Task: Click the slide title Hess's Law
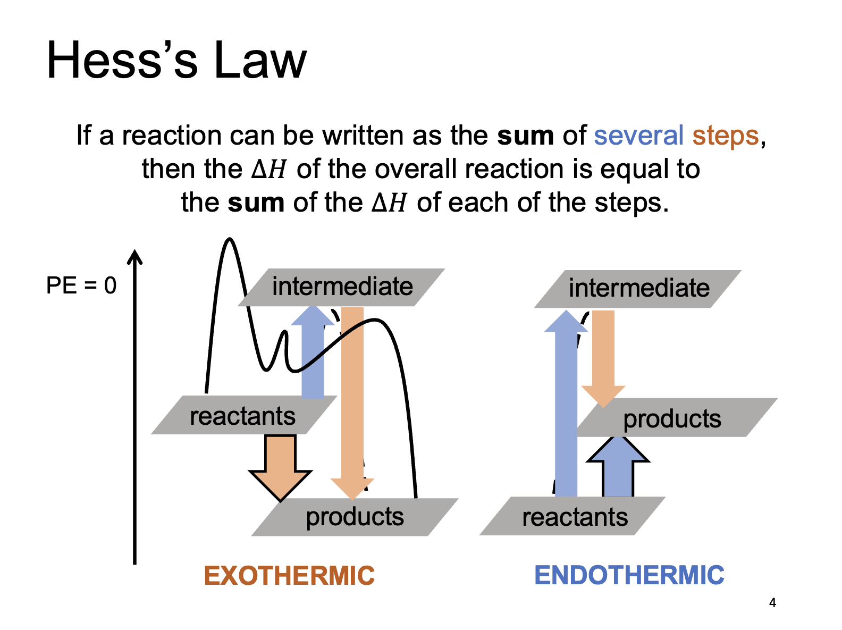coord(176,60)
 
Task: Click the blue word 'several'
coord(638,135)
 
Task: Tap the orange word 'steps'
coord(725,135)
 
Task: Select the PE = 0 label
coord(81,285)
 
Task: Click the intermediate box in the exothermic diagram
coord(342,287)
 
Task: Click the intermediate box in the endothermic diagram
coord(638,289)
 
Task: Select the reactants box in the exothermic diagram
coord(242,415)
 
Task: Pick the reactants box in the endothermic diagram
coord(574,516)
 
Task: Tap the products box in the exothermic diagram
coord(355,516)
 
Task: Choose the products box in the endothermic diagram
coord(672,418)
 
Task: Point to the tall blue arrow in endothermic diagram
coord(566,409)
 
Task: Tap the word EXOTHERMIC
coord(289,576)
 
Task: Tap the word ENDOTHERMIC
coord(629,575)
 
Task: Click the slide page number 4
coord(772,603)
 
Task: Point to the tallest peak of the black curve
coord(230,240)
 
